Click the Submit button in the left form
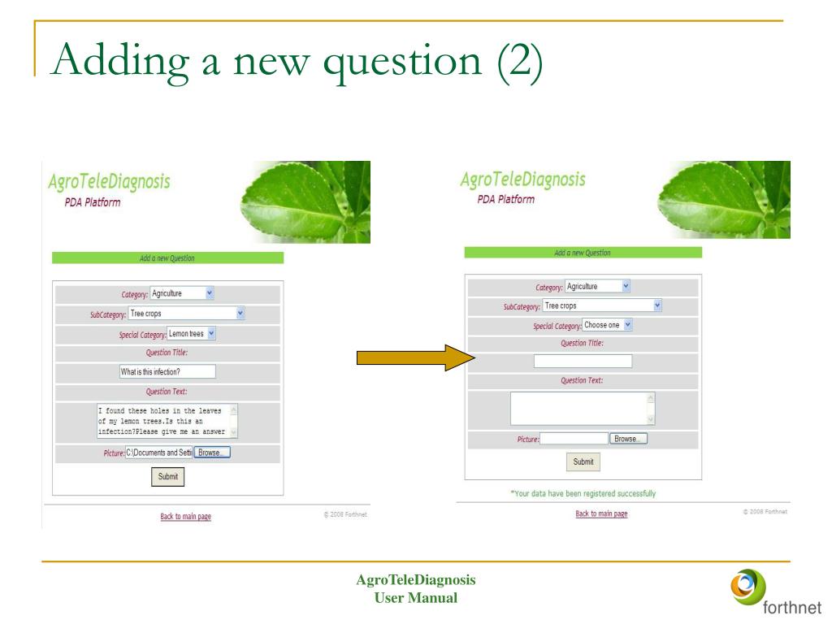pyautogui.click(x=168, y=477)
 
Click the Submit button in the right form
pyautogui.click(x=583, y=461)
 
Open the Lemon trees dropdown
pyautogui.click(x=192, y=333)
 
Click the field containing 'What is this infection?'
pyautogui.click(x=167, y=371)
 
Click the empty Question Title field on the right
pyautogui.click(x=583, y=362)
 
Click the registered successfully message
pyautogui.click(x=583, y=493)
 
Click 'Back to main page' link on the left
pyautogui.click(x=186, y=517)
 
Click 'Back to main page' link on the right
pyautogui.click(x=601, y=513)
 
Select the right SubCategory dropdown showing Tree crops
pyautogui.click(x=602, y=305)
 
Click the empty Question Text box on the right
pyautogui.click(x=583, y=408)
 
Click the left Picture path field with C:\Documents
pyautogui.click(x=158, y=453)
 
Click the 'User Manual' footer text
pyautogui.click(x=416, y=598)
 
